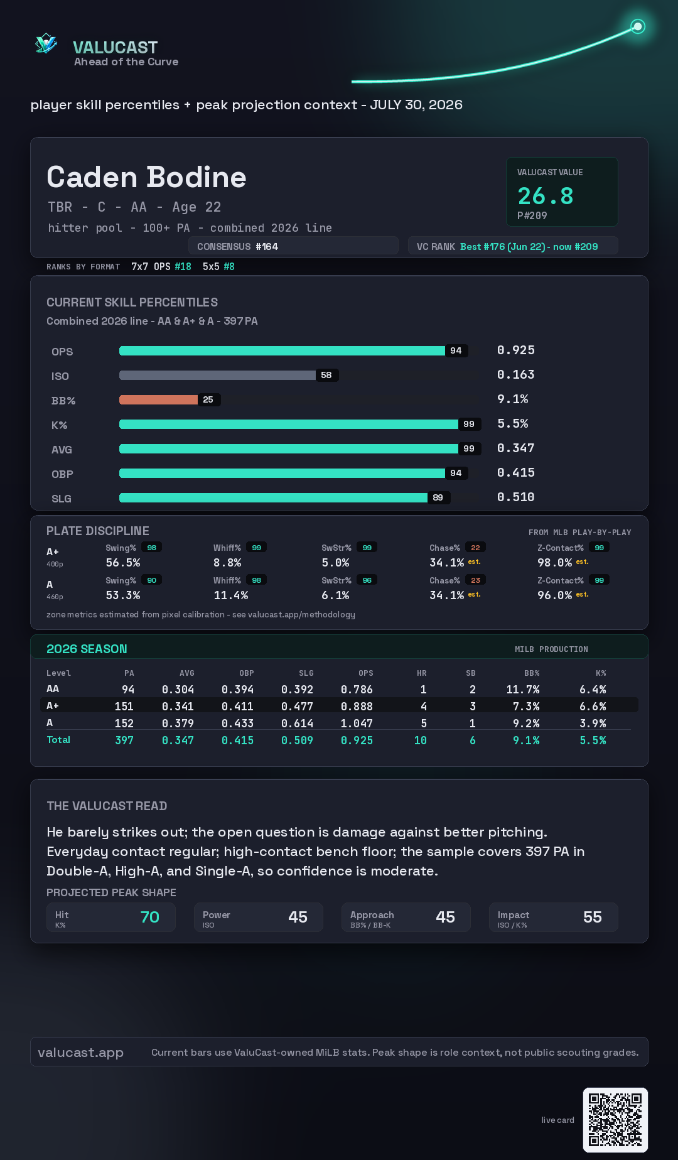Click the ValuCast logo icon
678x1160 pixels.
click(46, 43)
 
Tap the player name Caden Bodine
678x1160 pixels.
click(146, 177)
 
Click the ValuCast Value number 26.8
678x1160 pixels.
click(546, 196)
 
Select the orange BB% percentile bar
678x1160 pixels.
click(158, 399)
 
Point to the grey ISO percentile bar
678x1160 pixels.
click(217, 375)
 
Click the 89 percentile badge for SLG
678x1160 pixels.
click(438, 497)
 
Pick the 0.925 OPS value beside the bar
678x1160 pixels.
click(515, 350)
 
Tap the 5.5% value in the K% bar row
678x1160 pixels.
click(512, 423)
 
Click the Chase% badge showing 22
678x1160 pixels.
click(475, 548)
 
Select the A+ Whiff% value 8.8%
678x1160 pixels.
click(227, 563)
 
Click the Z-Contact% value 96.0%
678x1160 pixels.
click(554, 595)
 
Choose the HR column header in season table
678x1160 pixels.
click(422, 673)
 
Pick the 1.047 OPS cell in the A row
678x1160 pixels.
click(357, 724)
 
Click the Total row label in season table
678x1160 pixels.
click(58, 740)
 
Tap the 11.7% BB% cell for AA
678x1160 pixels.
click(522, 690)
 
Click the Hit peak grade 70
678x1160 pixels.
click(149, 918)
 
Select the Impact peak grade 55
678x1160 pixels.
click(592, 918)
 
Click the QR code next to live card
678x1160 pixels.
click(615, 1120)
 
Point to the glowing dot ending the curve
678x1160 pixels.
click(638, 26)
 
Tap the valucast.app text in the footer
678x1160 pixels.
click(80, 1053)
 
